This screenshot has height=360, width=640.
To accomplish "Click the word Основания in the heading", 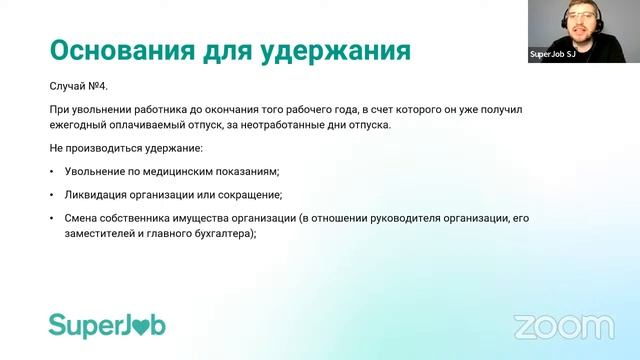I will click(x=112, y=50).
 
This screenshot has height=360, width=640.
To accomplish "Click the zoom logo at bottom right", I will click(x=563, y=326).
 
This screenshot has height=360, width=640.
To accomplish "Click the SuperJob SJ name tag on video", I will click(x=553, y=54).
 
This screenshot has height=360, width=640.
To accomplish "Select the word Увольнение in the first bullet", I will click(x=97, y=171).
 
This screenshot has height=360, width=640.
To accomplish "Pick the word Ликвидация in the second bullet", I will click(x=97, y=194).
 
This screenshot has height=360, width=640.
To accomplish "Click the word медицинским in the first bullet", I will click(x=176, y=171).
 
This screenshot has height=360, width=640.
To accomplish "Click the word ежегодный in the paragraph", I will click(x=78, y=124).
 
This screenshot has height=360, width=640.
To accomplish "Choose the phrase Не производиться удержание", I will click(x=125, y=147).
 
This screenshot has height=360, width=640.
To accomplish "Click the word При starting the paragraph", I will click(x=59, y=109).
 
